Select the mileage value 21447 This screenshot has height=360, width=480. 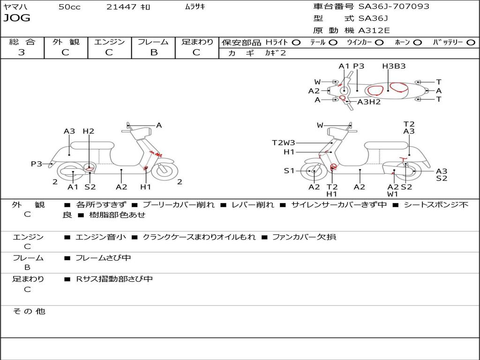tap(121, 7)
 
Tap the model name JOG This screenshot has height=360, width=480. tap(17, 18)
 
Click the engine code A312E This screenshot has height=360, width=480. tap(374, 31)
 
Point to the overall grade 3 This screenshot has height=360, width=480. tap(22, 52)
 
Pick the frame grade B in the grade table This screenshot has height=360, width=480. tap(153, 52)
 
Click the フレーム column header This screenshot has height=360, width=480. tap(153, 42)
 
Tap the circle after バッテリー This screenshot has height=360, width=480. tap(471, 43)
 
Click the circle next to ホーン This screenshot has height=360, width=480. tap(417, 43)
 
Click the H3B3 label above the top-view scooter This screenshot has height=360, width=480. tap(394, 66)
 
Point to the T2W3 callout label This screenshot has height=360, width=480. tap(284, 143)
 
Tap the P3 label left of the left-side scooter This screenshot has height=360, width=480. tap(37, 164)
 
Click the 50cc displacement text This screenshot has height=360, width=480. tap(69, 7)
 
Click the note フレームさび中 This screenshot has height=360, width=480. tap(103, 258)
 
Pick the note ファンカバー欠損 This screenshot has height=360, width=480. tap(304, 237)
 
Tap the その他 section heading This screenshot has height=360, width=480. tap(29, 311)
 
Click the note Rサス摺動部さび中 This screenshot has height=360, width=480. tap(114, 279)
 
